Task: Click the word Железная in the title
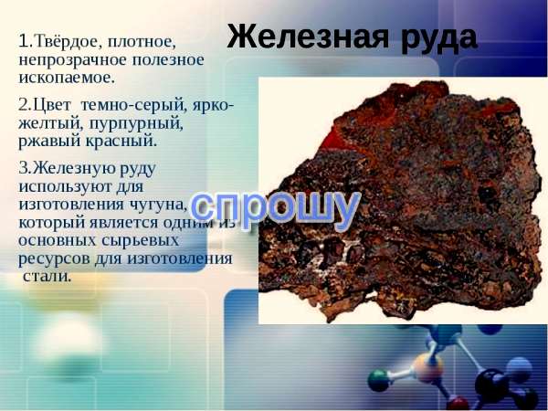308,37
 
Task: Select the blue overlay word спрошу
276,209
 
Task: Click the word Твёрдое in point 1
66,42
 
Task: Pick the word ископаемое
67,79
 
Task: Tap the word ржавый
49,142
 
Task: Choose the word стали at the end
47,276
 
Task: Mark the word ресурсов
54,259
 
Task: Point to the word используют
65,186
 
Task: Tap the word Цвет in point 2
51,106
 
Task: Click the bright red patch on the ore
341,141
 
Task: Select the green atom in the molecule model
379,381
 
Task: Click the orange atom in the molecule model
428,368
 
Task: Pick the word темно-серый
132,106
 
